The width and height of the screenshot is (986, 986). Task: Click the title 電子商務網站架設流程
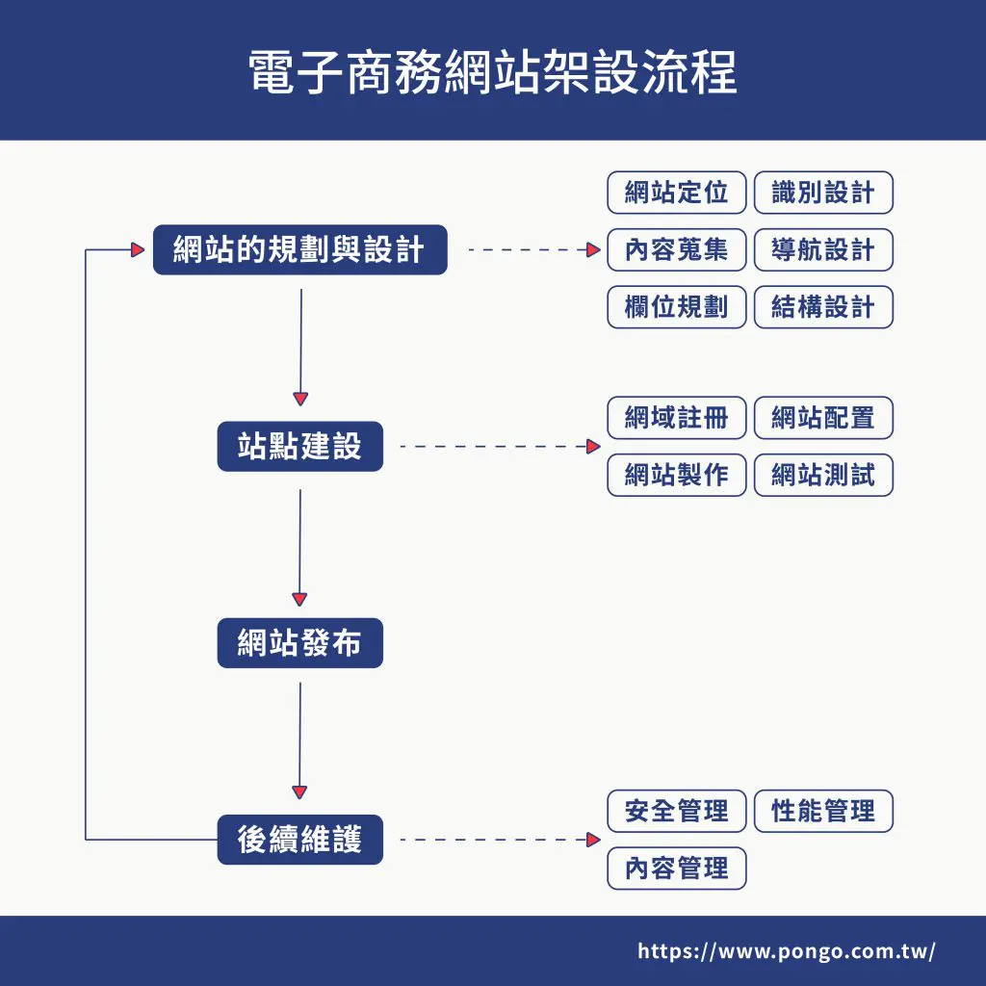tap(493, 72)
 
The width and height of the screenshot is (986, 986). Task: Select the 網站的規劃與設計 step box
tap(299, 250)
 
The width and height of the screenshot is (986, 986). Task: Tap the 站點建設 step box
tap(299, 447)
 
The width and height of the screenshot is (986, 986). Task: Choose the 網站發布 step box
tap(299, 643)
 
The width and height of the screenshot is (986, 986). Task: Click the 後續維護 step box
tap(299, 840)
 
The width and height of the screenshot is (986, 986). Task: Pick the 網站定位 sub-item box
tap(676, 193)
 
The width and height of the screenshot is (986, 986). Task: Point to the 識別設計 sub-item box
tap(823, 193)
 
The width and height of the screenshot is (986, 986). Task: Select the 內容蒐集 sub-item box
tap(676, 250)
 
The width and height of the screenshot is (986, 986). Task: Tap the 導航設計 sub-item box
tap(823, 250)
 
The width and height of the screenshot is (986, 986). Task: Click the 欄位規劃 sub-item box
tap(676, 307)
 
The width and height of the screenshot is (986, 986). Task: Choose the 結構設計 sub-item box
tap(823, 307)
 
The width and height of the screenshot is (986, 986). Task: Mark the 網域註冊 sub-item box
tap(676, 418)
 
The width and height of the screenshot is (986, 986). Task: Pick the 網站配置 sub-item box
tap(823, 418)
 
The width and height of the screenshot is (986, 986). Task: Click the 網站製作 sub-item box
tap(676, 475)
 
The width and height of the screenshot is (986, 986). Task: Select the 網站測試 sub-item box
tap(823, 475)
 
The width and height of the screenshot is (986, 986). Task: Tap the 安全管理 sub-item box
tap(676, 811)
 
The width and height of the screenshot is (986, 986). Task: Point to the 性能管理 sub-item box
tap(823, 811)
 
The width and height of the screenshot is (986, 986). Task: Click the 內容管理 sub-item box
tap(676, 868)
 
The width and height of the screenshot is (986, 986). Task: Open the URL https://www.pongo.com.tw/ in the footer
tap(786, 951)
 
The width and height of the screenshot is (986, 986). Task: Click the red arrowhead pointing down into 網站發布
tap(299, 599)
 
